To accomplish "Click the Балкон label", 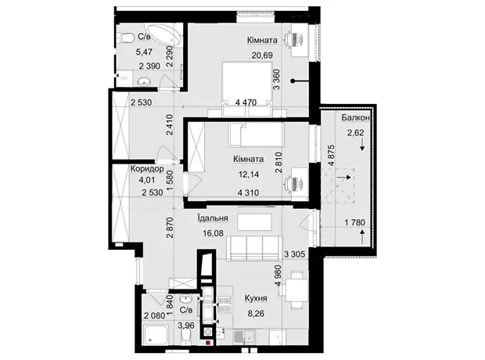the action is click(355, 117).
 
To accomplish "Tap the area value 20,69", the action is click(262, 56).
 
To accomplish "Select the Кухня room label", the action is click(256, 298).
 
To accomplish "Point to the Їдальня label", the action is click(213, 218).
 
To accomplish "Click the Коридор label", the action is click(147, 169).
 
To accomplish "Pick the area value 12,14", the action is click(249, 175).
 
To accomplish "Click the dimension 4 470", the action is click(246, 103).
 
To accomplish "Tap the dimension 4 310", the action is click(249, 193).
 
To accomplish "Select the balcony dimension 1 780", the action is click(355, 222).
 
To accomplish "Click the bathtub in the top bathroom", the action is click(163, 36).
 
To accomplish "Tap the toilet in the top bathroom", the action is click(126, 38).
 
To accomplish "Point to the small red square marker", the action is click(208, 343).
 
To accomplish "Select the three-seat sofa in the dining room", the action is click(254, 247).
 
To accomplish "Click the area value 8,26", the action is click(256, 314).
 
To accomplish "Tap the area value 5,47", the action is click(144, 52).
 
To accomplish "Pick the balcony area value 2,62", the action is click(355, 133).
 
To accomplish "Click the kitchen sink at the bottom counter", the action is click(244, 337).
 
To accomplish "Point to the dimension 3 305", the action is click(294, 254).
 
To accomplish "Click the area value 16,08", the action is click(213, 233).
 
